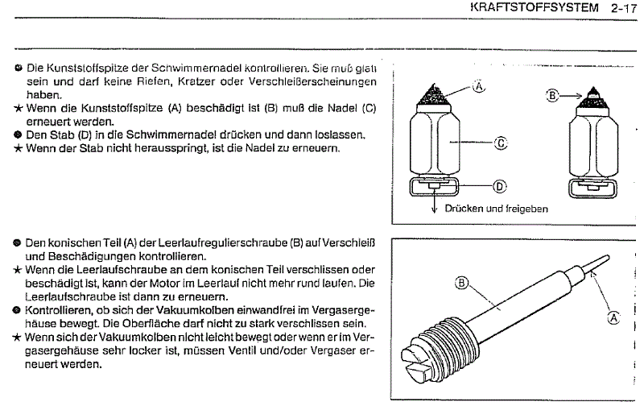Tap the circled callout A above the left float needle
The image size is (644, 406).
pos(480,85)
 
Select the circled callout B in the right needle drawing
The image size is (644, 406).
pos(553,95)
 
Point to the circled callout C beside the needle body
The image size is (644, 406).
pos(500,143)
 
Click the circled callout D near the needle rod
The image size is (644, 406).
pos(498,186)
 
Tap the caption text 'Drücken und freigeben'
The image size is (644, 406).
pos(496,209)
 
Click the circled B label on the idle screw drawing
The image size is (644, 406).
pos(461,282)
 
